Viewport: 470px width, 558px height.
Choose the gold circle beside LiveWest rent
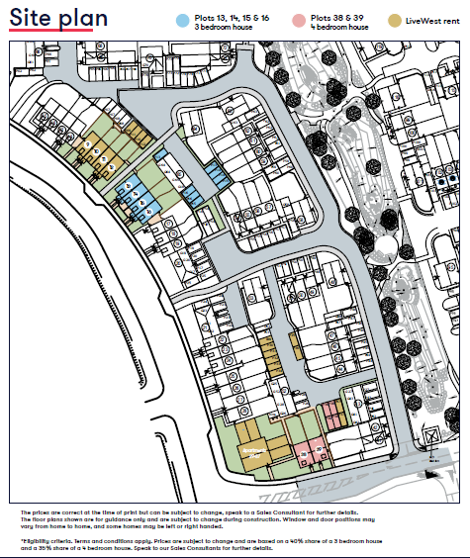click(394, 20)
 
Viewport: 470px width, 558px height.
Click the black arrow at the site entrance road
click(427, 474)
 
